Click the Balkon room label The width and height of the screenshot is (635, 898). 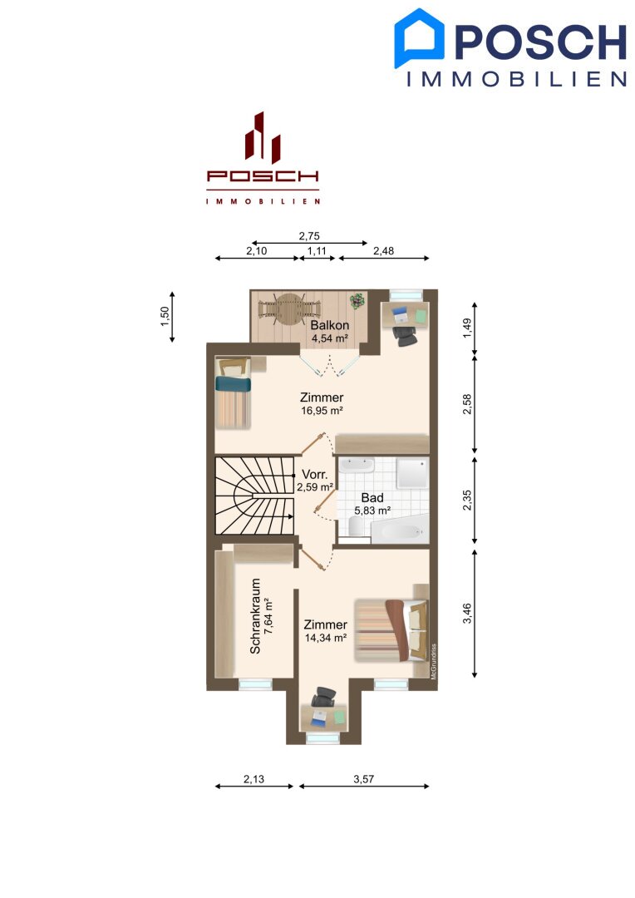pyautogui.click(x=330, y=325)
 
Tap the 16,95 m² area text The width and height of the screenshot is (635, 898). pyautogui.click(x=322, y=411)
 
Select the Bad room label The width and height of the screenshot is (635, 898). pyautogui.click(x=372, y=498)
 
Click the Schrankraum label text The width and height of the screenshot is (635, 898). pyautogui.click(x=255, y=615)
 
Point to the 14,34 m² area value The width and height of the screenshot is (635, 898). pyautogui.click(x=325, y=638)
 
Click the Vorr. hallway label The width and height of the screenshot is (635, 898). pyautogui.click(x=315, y=475)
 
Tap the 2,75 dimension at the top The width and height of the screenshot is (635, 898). pyautogui.click(x=309, y=236)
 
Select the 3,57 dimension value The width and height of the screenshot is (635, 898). pyautogui.click(x=363, y=779)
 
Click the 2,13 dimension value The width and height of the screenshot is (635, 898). pyautogui.click(x=254, y=779)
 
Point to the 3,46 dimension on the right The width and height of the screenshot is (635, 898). pyautogui.click(x=467, y=614)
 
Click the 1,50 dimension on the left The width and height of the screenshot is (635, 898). pyautogui.click(x=165, y=317)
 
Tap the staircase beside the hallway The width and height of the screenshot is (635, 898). pyautogui.click(x=254, y=496)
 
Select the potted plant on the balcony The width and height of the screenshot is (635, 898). pyautogui.click(x=357, y=301)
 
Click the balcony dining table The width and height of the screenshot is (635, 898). pyautogui.click(x=289, y=309)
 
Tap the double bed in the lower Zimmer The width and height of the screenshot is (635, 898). pyautogui.click(x=391, y=630)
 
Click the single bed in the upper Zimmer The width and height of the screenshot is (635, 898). pyautogui.click(x=233, y=392)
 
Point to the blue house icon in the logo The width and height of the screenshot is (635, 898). pyautogui.click(x=419, y=37)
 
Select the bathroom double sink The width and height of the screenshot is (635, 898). pyautogui.click(x=356, y=465)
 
